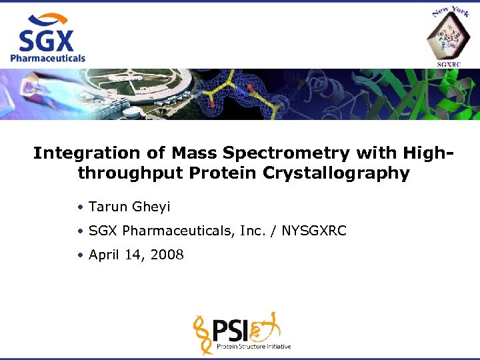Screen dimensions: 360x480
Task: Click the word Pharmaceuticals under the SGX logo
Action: click(x=47, y=58)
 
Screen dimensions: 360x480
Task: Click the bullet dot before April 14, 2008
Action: click(x=79, y=255)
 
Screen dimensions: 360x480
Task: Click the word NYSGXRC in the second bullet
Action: click(x=314, y=231)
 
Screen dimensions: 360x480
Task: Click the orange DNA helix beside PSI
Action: click(x=204, y=333)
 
